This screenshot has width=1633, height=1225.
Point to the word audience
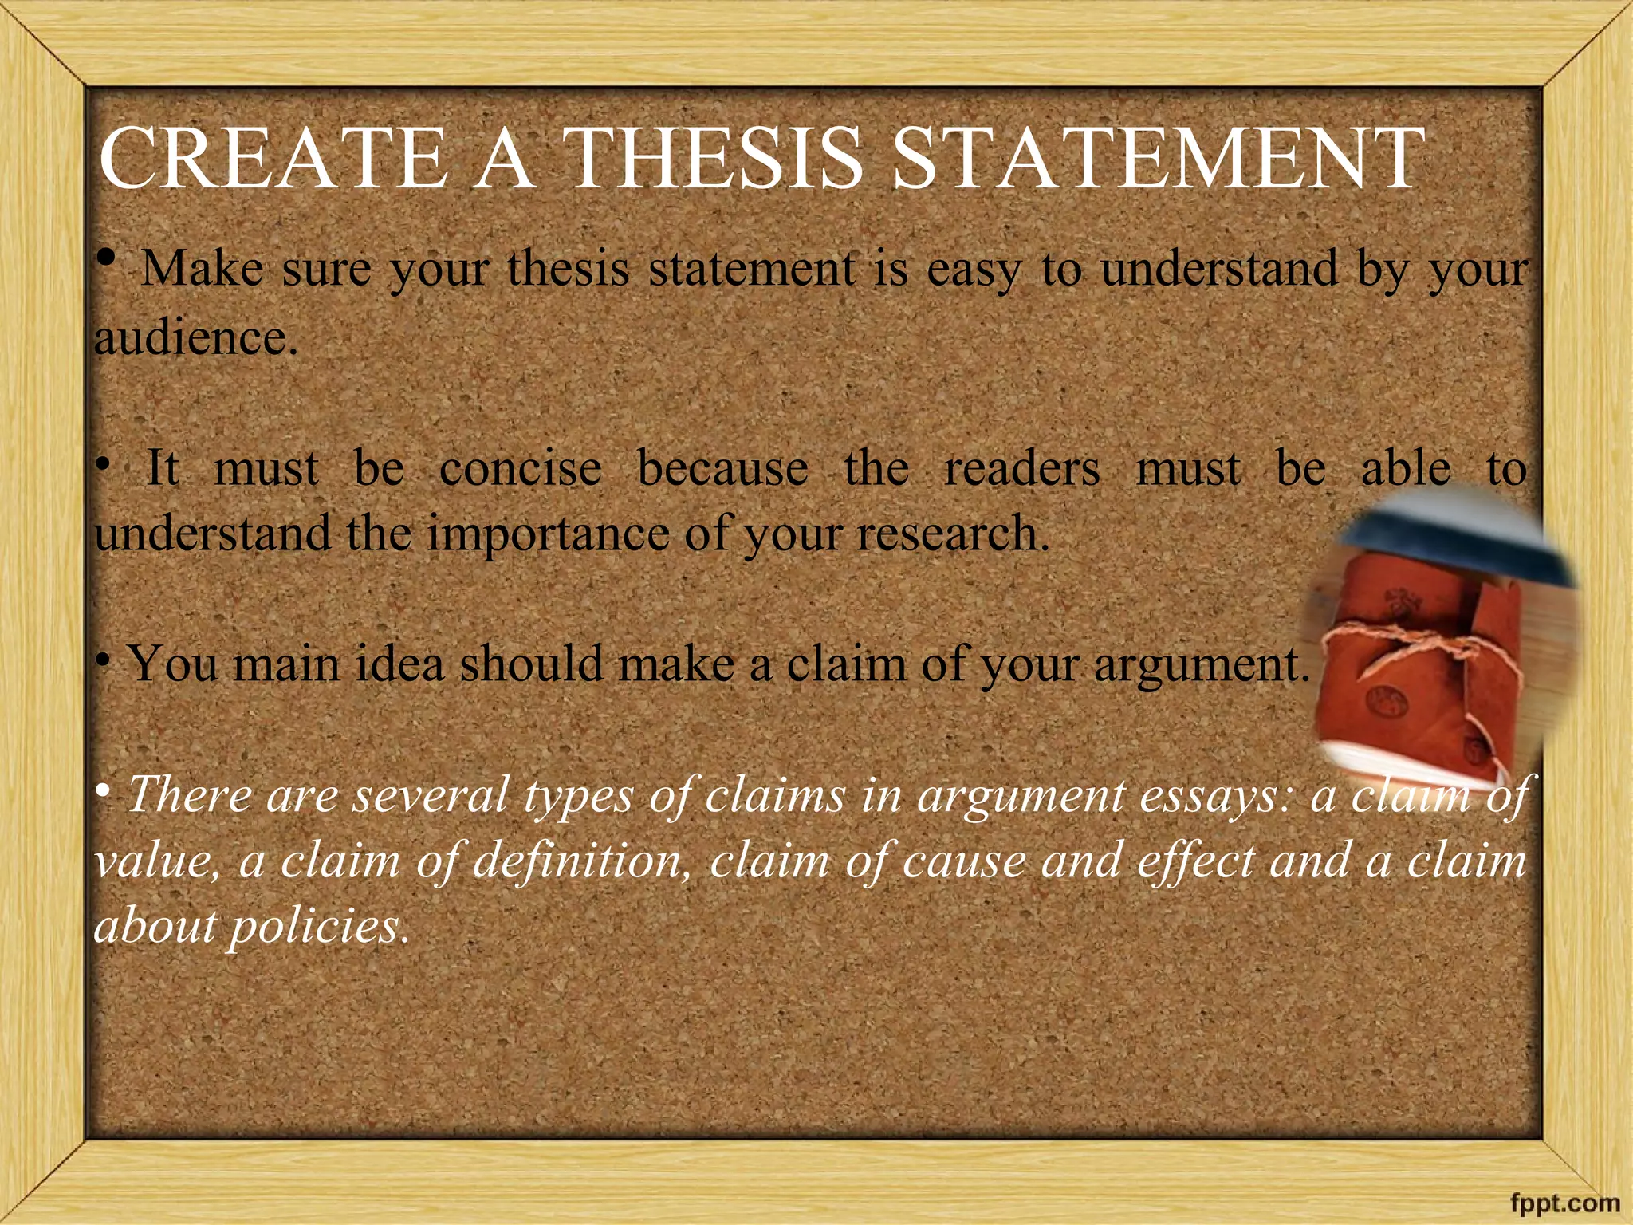point(196,338)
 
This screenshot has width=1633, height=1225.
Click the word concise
point(520,467)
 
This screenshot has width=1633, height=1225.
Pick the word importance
point(548,533)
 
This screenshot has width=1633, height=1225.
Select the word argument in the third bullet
point(1201,664)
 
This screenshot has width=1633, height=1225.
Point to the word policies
point(319,927)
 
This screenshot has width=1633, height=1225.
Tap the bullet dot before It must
point(102,464)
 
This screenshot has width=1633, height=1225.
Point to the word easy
point(973,270)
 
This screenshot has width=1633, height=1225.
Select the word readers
point(1021,467)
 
